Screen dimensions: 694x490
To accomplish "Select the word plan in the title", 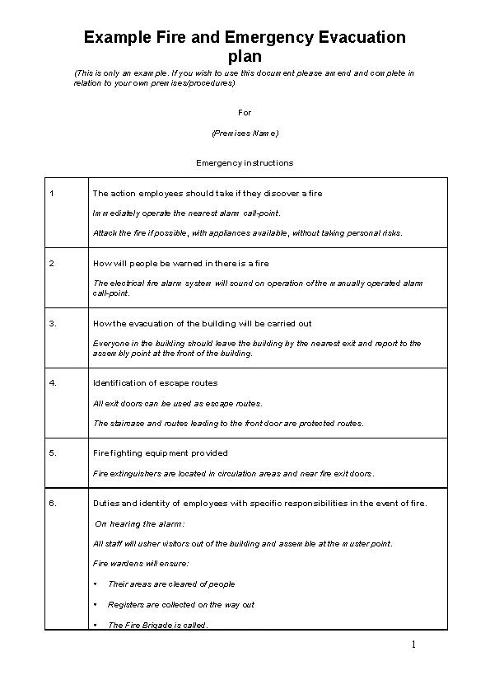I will [245, 57].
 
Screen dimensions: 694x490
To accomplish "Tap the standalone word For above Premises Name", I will [245, 112].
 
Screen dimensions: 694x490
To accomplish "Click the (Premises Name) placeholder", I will [245, 133].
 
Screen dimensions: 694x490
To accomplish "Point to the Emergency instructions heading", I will [245, 162].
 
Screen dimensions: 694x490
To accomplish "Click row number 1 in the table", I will [52, 193].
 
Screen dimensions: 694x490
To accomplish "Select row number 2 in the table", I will [52, 263].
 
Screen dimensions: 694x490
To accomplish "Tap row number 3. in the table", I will [53, 323].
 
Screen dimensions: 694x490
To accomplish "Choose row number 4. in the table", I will [53, 382].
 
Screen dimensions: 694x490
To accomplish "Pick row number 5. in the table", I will [53, 453].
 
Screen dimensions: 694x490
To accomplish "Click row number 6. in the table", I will [53, 503].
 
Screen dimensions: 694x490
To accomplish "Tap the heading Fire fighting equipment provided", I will [161, 453].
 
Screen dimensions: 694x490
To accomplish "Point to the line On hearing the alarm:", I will [140, 523].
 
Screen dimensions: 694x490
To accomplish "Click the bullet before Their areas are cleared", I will [96, 584].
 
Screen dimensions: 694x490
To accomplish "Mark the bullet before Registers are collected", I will [96, 604].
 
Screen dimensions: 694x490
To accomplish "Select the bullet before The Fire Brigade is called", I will [96, 625].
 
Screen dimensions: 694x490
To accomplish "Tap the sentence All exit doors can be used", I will [177, 403].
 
